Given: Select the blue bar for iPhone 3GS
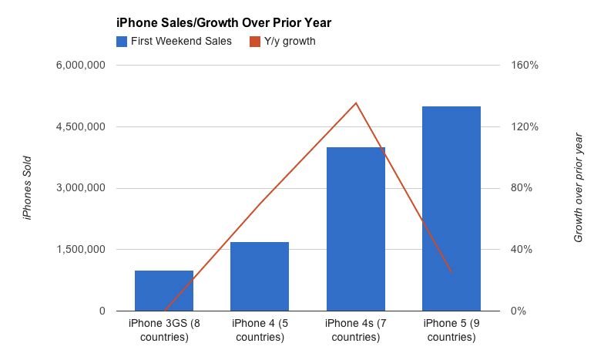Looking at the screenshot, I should (164, 291).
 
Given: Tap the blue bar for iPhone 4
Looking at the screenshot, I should (260, 276).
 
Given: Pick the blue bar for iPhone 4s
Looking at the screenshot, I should (356, 229).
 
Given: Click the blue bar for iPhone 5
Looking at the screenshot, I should (451, 208).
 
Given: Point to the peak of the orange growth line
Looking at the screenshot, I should (356, 103).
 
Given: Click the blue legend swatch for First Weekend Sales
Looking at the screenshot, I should (122, 41).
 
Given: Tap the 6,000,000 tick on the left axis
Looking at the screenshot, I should (80, 66).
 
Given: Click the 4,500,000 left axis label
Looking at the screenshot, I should (80, 127).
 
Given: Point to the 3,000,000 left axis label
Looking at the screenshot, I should (80, 188).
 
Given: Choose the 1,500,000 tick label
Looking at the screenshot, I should (80, 250).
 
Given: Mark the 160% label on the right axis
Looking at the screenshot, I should (525, 66).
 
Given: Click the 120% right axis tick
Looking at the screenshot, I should (525, 127).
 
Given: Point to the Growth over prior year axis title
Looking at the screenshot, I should (579, 188).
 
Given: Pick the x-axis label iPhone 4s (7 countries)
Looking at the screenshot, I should (356, 330).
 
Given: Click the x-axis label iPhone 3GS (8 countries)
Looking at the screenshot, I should (164, 330).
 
